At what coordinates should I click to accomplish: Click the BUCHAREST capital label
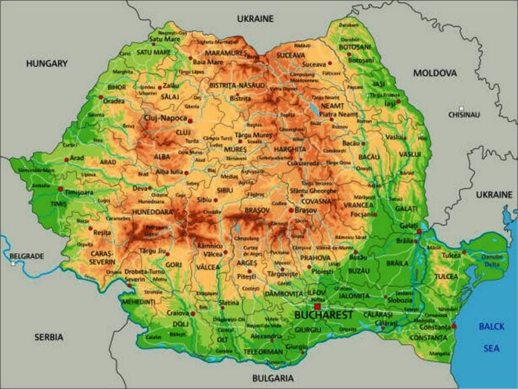pyautogui.click(x=324, y=315)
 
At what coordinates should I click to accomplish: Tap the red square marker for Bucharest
pyautogui.click(x=317, y=306)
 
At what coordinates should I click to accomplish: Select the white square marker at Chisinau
pyautogui.click(x=461, y=107)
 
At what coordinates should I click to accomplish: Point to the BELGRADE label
pyautogui.click(x=27, y=256)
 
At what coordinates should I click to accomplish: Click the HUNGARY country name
pyautogui.click(x=47, y=63)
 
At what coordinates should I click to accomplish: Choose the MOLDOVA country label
pyautogui.click(x=435, y=72)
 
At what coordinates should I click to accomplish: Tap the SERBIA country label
pyautogui.click(x=49, y=336)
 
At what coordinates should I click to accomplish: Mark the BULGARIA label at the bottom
pyautogui.click(x=273, y=378)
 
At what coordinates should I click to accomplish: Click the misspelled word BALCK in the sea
pyautogui.click(x=491, y=327)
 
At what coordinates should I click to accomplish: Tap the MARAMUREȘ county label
pyautogui.click(x=227, y=52)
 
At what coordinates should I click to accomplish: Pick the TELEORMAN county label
pyautogui.click(x=263, y=351)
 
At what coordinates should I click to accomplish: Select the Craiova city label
pyautogui.click(x=177, y=313)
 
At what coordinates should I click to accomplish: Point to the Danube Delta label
pyautogui.click(x=493, y=260)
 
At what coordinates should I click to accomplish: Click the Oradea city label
pyautogui.click(x=113, y=101)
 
